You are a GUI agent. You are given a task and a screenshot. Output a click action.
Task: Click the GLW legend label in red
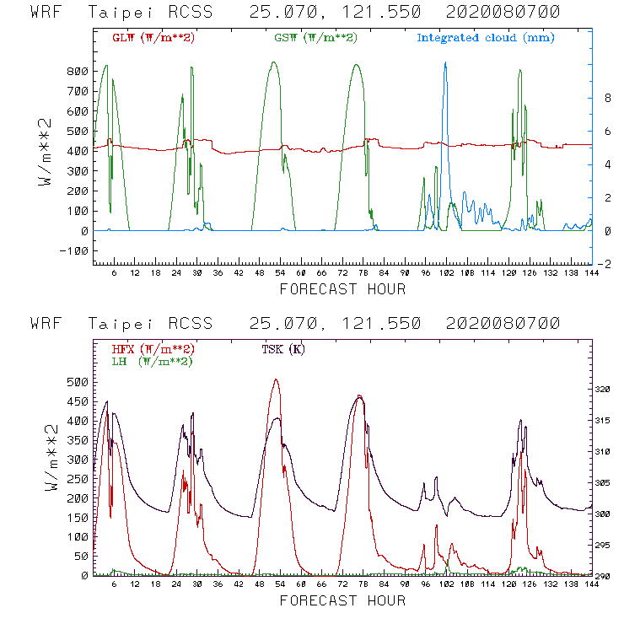click(153, 38)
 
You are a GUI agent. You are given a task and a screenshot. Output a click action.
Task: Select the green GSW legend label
click(314, 38)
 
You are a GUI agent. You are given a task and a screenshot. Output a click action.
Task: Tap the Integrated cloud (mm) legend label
click(486, 38)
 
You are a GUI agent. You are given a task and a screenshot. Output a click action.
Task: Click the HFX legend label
click(153, 349)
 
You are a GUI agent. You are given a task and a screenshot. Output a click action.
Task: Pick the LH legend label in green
click(153, 361)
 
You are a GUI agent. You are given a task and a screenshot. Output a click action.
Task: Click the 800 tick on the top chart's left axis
click(78, 71)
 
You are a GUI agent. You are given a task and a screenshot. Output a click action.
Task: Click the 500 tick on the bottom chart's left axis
click(78, 382)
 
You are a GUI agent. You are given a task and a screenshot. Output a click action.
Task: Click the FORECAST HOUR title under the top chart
click(342, 289)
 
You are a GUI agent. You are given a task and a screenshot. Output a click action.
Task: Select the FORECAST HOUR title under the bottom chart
click(342, 600)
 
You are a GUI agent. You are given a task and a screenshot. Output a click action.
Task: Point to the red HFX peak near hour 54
click(276, 380)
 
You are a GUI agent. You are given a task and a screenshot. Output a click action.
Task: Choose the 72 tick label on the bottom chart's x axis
click(342, 585)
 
